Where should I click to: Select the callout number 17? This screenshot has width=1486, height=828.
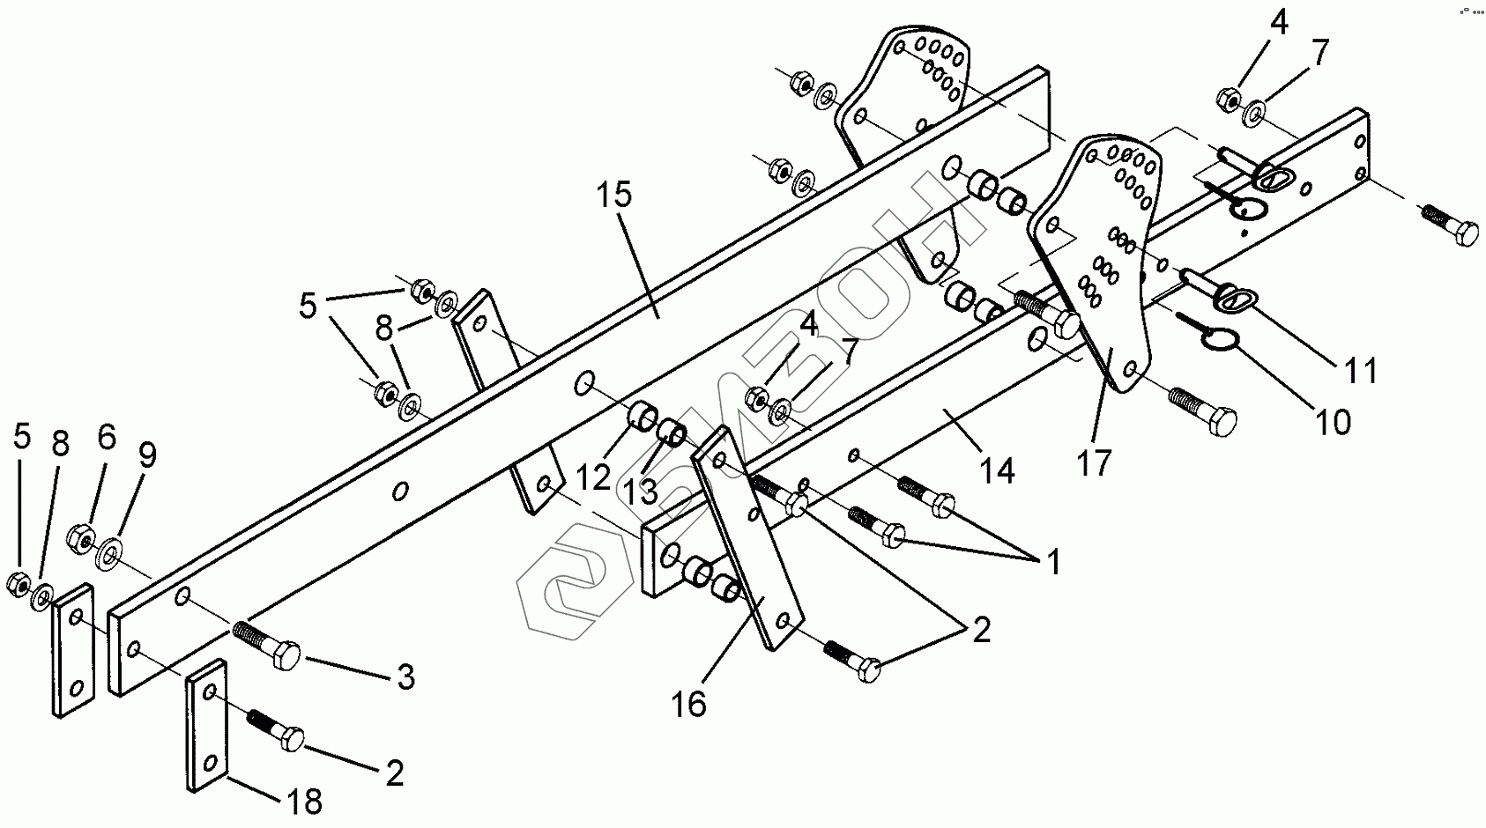(1095, 462)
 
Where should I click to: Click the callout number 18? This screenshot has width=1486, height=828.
(301, 801)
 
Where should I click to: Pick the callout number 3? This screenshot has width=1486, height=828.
(405, 676)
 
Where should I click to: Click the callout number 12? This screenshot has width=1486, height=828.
(593, 477)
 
